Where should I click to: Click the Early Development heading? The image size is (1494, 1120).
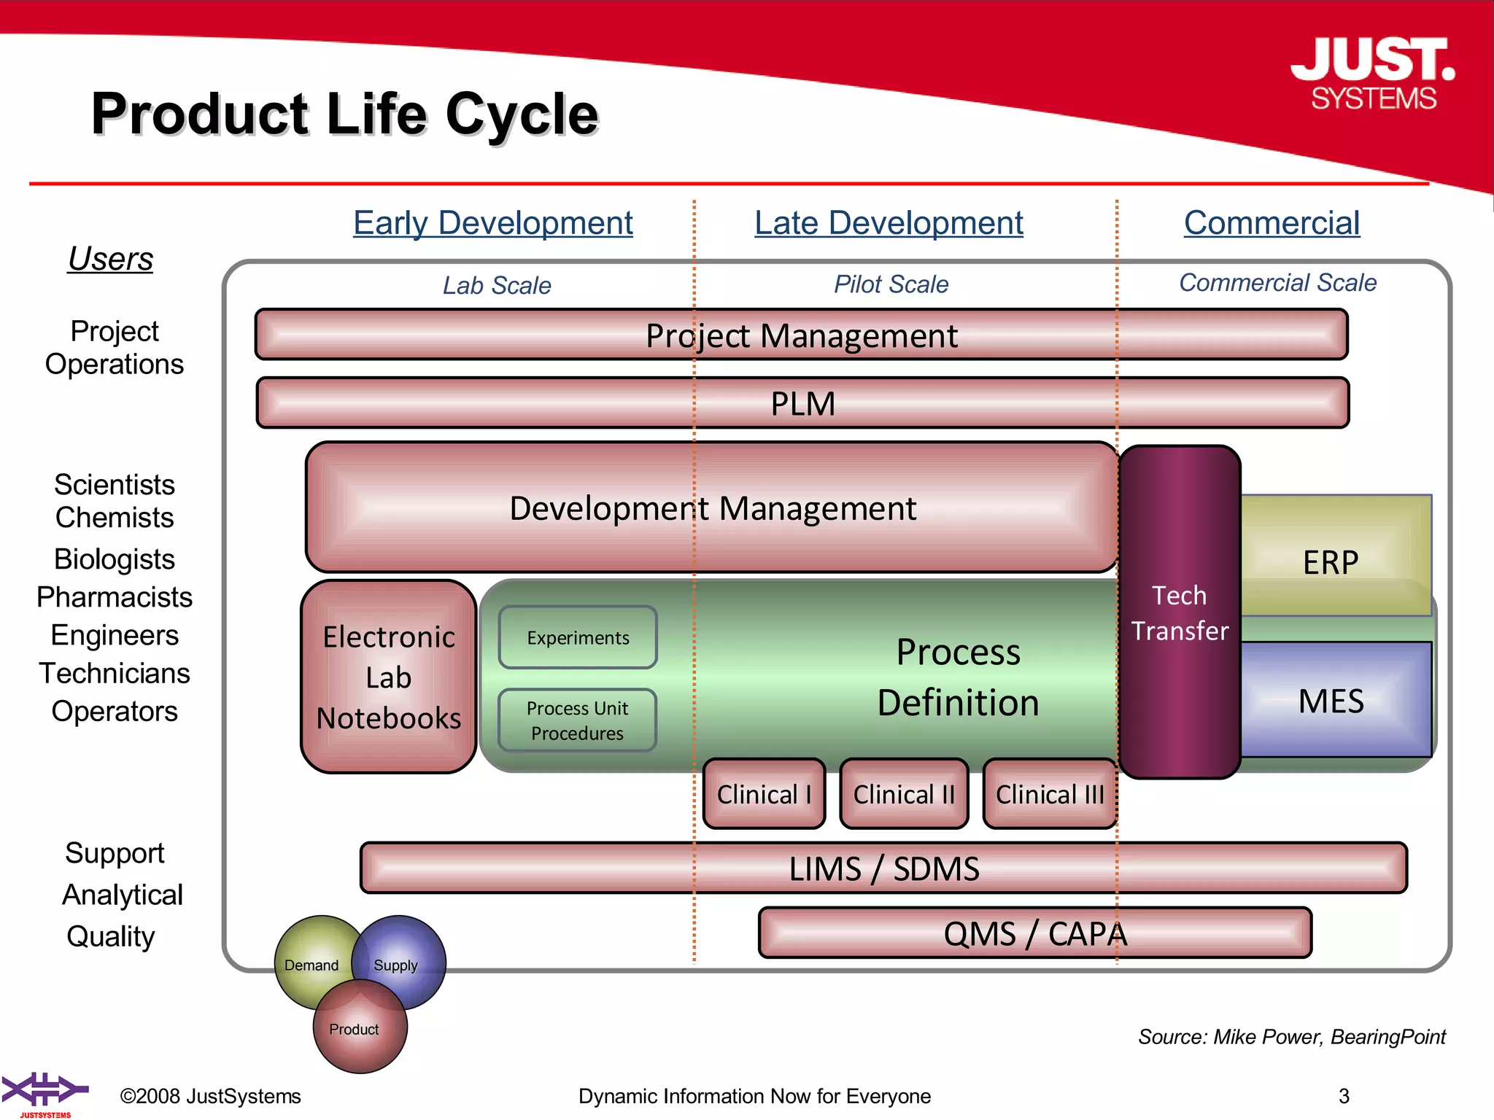pos(493,222)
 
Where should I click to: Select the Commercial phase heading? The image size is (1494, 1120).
pos(1272,222)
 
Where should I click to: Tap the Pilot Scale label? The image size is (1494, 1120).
pos(891,284)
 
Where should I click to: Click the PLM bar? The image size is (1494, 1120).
pos(802,402)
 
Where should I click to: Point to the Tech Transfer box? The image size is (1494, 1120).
pos(1179,612)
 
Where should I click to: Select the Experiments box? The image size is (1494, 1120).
pos(578,637)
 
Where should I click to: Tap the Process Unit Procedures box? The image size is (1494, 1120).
pos(577,720)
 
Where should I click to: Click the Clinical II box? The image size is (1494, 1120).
pos(904,794)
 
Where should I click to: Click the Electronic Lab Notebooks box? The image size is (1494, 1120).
pos(389,677)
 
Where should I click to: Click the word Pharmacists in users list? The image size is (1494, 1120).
pos(115,597)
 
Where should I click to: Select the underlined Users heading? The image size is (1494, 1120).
pos(111,259)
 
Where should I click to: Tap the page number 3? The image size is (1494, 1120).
pos(1344,1096)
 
